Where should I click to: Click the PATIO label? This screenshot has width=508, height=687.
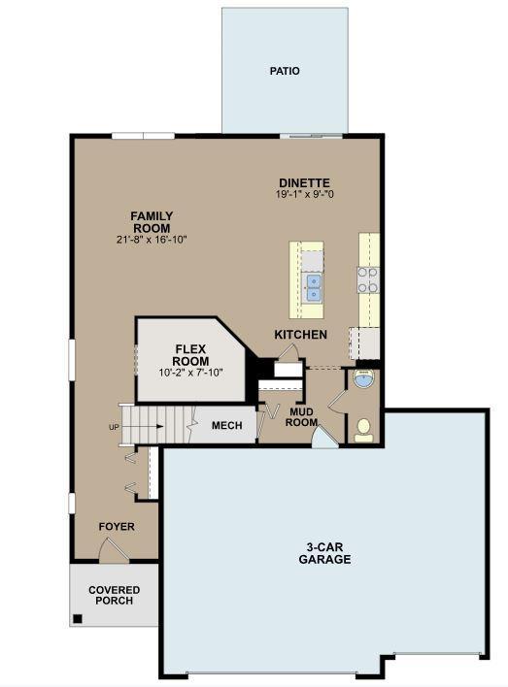coord(285,71)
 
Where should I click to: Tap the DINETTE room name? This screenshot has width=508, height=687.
coord(304,182)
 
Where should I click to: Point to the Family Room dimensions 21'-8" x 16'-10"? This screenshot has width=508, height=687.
coord(152,240)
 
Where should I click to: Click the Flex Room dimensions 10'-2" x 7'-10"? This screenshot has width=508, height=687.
coord(190,373)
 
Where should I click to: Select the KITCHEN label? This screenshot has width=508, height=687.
coord(300,335)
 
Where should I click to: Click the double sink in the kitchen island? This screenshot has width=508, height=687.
coord(313,288)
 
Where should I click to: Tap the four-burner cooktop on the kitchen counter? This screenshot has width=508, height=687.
coord(367,280)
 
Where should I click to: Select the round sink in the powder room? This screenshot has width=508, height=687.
coord(363,378)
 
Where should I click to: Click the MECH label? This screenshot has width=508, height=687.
coord(226,425)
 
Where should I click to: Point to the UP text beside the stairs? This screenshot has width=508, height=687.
coord(114,427)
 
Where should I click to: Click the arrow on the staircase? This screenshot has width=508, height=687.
coord(143,426)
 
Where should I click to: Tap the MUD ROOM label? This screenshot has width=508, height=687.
coord(302,417)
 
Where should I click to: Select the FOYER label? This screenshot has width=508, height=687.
coord(117,527)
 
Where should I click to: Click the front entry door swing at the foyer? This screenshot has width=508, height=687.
coord(115,549)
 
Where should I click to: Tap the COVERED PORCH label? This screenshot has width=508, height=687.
coord(114,595)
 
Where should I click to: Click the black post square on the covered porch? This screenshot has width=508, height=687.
coord(78,619)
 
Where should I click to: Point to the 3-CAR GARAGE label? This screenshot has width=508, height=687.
coord(324,553)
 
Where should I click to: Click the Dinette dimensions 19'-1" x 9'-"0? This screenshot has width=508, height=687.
coord(304,194)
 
